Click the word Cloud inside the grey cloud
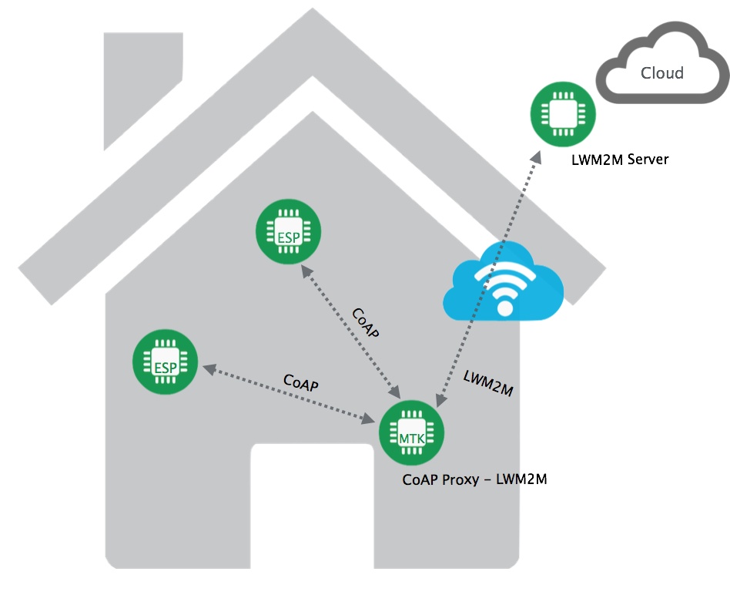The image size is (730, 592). click(662, 73)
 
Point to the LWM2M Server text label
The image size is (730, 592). click(620, 160)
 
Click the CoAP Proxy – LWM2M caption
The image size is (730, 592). click(474, 479)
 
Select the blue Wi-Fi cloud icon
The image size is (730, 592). click(504, 281)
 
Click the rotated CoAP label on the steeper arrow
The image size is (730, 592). click(366, 325)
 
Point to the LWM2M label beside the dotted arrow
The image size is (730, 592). click(488, 383)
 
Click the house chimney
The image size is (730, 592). click(142, 85)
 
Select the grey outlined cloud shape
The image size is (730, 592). click(661, 65)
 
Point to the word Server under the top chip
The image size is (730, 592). click(648, 160)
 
